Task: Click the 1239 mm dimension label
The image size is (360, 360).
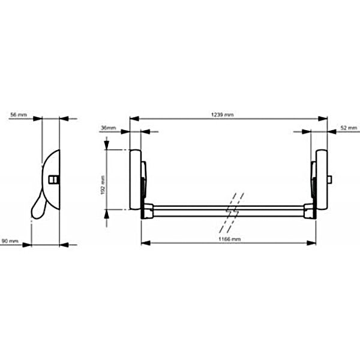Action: point(222,115)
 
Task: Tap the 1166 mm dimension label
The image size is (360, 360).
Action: point(229,239)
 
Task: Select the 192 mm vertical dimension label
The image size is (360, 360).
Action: point(103,185)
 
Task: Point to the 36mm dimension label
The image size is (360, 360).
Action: point(109,128)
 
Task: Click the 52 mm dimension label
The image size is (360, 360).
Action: point(349,128)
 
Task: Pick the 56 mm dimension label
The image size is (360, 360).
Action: point(19,115)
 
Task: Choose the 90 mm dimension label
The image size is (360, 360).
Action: point(10,241)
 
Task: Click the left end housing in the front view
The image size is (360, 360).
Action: point(136,179)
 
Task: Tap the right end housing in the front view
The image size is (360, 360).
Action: point(322,179)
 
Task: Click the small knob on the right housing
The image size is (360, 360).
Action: point(329,179)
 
